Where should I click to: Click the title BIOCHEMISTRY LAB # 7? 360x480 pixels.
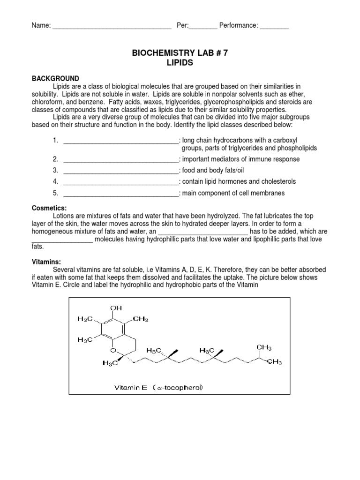[x=180, y=53]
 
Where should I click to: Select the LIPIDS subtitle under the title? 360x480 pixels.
[x=180, y=63]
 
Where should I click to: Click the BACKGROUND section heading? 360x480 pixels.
[x=55, y=78]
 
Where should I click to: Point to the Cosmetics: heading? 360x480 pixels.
[x=49, y=208]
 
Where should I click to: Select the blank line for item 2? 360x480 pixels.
[x=120, y=160]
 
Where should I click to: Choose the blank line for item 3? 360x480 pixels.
[x=120, y=171]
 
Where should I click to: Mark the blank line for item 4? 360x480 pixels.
[x=120, y=182]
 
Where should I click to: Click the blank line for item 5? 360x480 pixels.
[x=120, y=194]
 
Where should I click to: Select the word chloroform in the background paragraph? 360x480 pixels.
[x=48, y=101]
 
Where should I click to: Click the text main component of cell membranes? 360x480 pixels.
[x=233, y=193]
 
